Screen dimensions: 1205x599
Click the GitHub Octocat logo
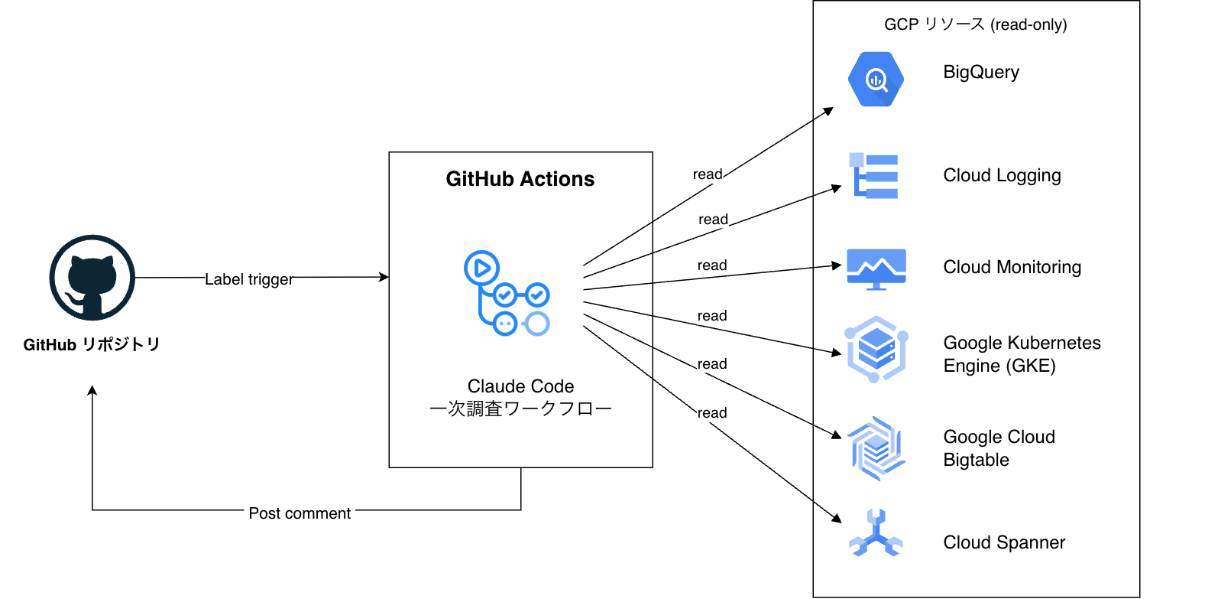92,278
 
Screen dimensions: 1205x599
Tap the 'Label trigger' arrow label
249,279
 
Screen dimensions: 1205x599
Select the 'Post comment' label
300,513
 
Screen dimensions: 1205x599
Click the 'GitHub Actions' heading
520,179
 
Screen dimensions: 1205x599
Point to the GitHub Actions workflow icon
507,294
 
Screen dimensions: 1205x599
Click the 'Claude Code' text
520,386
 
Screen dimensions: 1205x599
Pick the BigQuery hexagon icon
876,80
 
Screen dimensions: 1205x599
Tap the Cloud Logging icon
873,176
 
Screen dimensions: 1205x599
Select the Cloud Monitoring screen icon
876,269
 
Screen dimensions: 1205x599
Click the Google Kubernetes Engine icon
876,349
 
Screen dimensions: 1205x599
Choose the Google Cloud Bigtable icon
876,448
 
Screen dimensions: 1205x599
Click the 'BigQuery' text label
981,72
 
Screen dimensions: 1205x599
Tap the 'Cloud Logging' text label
1003,176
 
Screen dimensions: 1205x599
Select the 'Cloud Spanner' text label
1004,542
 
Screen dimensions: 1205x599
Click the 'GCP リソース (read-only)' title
976,24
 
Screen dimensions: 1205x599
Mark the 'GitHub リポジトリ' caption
92,344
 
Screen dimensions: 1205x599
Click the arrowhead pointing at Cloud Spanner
837,518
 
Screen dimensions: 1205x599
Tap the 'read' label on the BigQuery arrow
708,174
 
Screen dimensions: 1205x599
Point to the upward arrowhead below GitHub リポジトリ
92,390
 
